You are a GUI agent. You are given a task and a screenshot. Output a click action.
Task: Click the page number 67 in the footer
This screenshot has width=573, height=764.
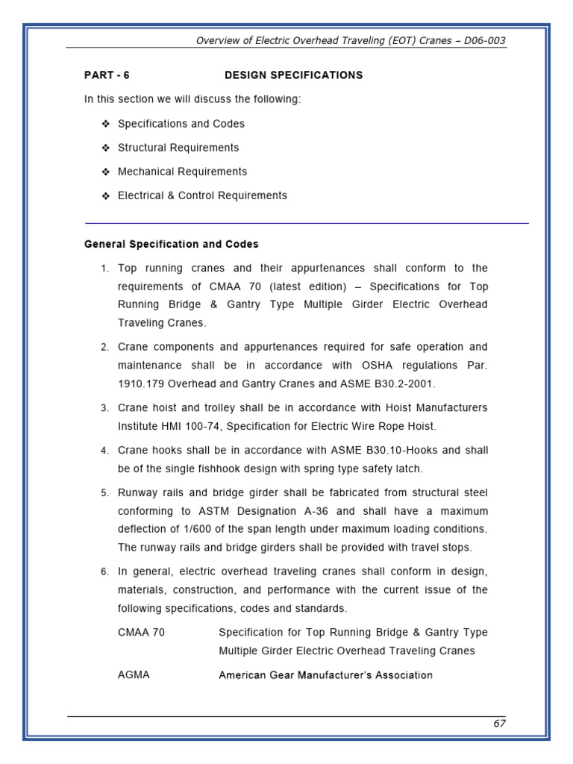pyautogui.click(x=499, y=723)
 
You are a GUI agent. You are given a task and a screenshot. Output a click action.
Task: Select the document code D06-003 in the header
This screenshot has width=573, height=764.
pyautogui.click(x=484, y=41)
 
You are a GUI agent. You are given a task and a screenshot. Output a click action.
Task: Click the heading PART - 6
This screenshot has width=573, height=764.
pyautogui.click(x=107, y=75)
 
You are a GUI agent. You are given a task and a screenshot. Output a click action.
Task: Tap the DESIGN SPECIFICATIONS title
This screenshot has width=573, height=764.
pyautogui.click(x=294, y=75)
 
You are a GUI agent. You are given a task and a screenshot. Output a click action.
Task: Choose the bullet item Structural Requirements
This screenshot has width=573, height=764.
pyautogui.click(x=178, y=148)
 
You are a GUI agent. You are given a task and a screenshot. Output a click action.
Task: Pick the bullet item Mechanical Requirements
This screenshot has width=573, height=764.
pyautogui.click(x=182, y=172)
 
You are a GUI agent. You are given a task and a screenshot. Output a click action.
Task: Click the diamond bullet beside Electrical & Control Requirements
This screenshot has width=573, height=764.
pyautogui.click(x=105, y=195)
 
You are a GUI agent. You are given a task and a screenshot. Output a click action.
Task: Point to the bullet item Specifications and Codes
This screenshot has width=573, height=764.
pyautogui.click(x=181, y=124)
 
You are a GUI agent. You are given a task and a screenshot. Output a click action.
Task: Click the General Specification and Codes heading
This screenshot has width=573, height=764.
pyautogui.click(x=172, y=244)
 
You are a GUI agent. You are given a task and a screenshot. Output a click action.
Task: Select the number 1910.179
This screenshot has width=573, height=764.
pyautogui.click(x=140, y=384)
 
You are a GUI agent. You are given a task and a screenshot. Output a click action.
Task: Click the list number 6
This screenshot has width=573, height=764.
pyautogui.click(x=104, y=572)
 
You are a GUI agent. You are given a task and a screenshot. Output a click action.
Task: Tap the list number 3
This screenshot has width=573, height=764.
pyautogui.click(x=104, y=409)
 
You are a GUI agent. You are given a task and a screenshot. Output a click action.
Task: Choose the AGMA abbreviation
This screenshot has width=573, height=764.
pyautogui.click(x=134, y=675)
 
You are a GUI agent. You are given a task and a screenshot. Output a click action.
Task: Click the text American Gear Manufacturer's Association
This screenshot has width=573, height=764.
pyautogui.click(x=325, y=675)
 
